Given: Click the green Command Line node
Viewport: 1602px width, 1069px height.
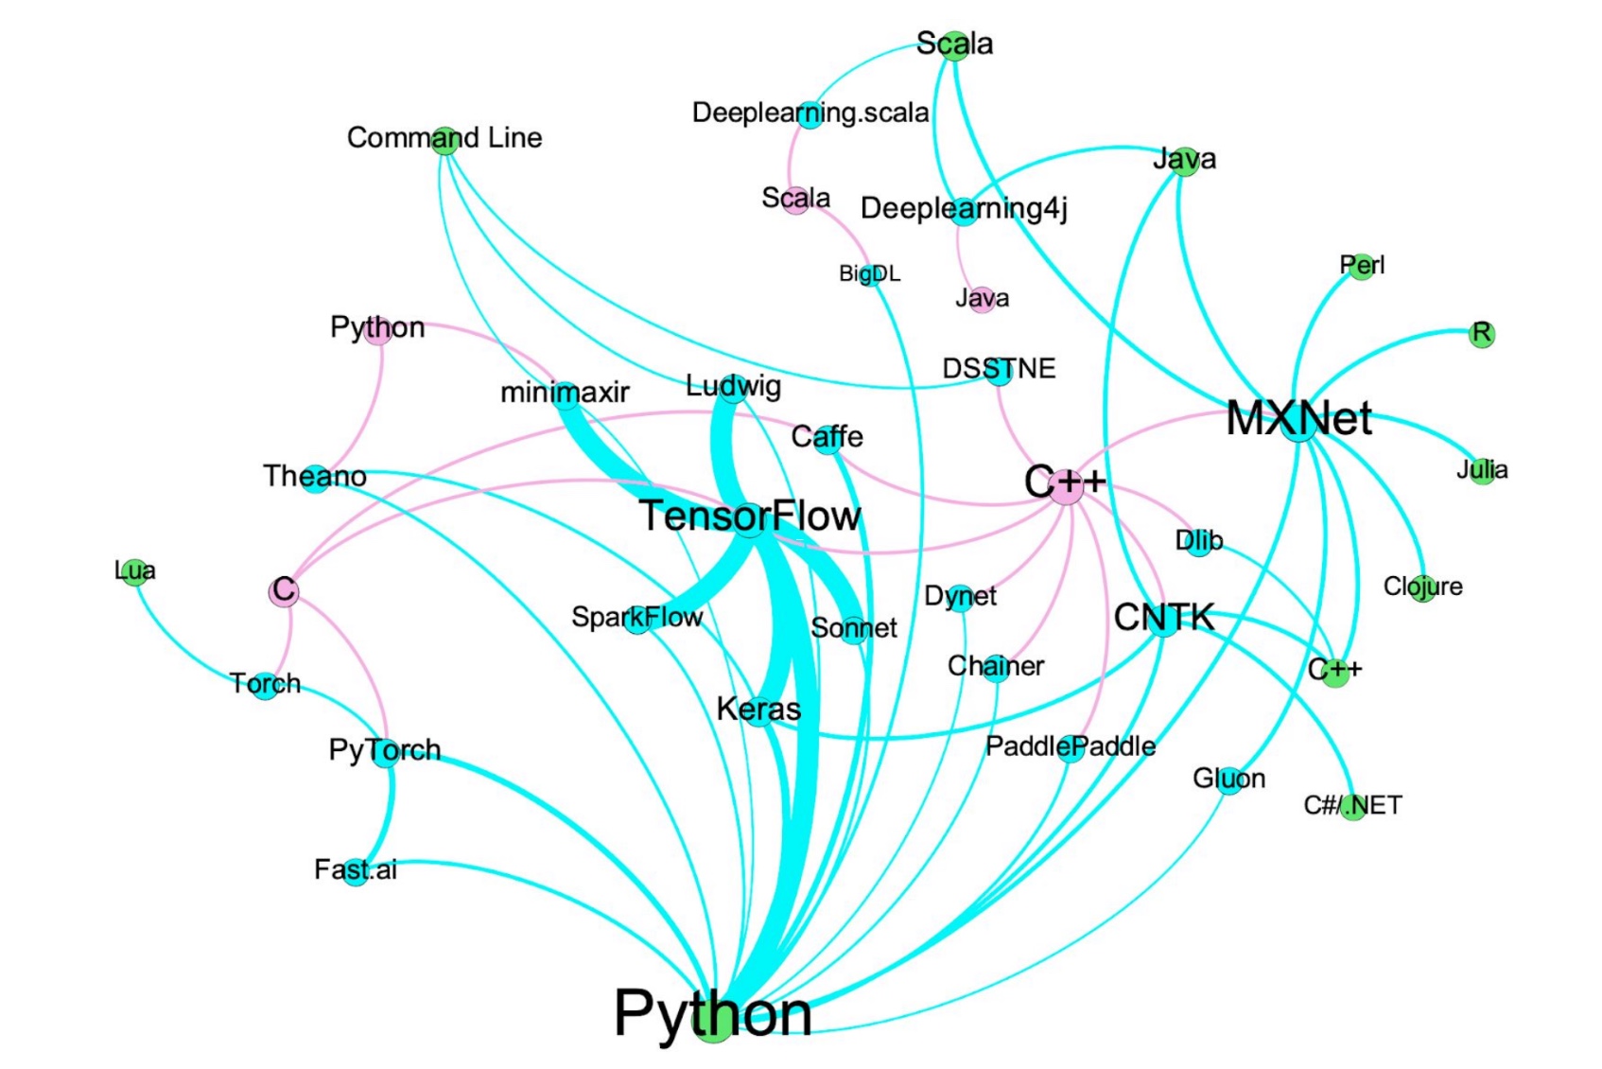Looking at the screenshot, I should [444, 141].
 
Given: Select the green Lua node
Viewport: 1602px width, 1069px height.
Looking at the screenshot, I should [135, 571].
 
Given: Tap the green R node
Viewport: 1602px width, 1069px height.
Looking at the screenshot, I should [1482, 334].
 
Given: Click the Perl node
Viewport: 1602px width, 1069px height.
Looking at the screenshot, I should [1362, 266].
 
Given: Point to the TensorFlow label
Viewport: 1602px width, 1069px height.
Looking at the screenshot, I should [750, 517].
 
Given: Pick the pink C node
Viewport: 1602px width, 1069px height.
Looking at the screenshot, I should [283, 591].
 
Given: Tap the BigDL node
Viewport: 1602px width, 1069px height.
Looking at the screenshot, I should [869, 274].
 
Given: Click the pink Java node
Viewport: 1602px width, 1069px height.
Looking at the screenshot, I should [983, 300].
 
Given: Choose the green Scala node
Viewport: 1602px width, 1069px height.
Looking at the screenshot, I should [955, 45].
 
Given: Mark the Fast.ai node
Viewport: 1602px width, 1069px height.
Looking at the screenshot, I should [357, 870].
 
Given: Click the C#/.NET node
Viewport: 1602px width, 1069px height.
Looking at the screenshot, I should [1353, 806].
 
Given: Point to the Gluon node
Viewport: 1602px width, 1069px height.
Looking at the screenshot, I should [1229, 780].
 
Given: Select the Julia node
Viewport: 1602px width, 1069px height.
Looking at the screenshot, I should [1482, 470].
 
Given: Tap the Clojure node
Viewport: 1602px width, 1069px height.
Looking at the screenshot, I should [1423, 587].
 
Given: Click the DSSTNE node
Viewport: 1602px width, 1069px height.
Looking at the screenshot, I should [999, 370].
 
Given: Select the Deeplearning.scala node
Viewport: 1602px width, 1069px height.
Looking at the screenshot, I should [810, 114].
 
